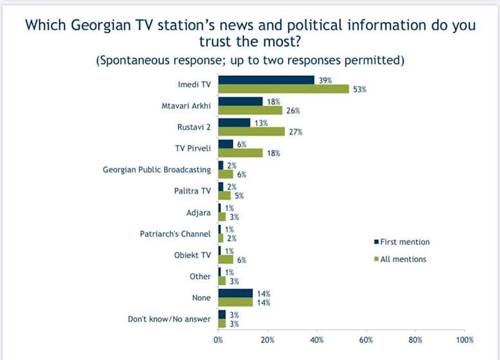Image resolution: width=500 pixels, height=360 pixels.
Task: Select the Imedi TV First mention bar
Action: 266,80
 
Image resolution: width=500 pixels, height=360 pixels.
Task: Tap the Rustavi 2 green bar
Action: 251,131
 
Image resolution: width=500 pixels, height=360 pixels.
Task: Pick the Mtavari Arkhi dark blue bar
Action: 240,102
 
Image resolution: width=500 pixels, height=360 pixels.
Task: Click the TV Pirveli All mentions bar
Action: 240,152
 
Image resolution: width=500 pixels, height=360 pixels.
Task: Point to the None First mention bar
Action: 235,292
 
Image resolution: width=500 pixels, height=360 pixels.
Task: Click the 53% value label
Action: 359,89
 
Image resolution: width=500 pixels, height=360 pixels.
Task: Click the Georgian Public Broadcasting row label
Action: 157,170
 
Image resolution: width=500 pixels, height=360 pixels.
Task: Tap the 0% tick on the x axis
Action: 218,339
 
